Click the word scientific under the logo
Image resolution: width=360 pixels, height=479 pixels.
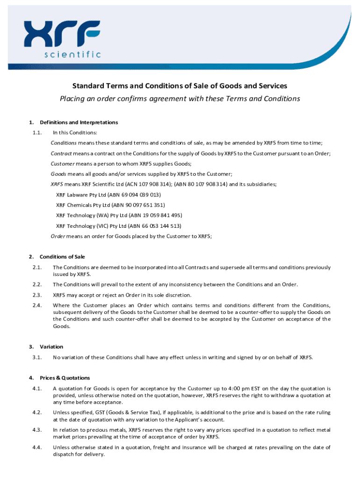pos(72,55)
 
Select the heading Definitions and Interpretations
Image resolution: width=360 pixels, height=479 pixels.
pos(79,123)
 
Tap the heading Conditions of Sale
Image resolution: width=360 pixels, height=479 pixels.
pos(62,257)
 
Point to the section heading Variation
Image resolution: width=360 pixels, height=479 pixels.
pos(51,347)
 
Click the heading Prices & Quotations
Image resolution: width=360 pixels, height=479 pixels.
pos(65,378)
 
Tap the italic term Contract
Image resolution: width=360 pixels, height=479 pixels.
pos(61,153)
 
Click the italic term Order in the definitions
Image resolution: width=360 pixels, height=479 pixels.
pos(58,236)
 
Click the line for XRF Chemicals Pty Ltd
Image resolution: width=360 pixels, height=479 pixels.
pos(110,205)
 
